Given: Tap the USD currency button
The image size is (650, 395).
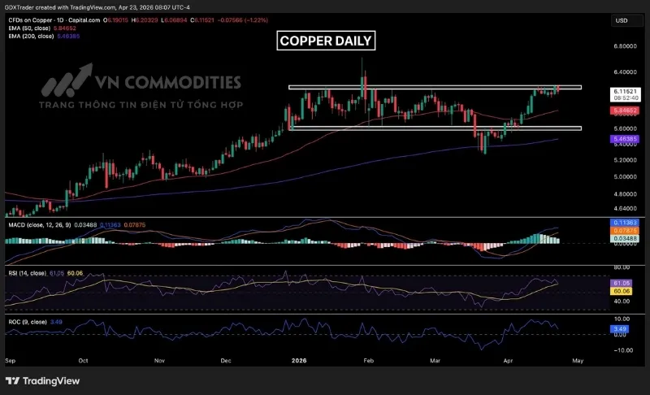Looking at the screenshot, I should coord(622,20).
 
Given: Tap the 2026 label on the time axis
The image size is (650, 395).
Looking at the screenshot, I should coord(300,358).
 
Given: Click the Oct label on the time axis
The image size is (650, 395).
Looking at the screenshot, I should coord(84,358).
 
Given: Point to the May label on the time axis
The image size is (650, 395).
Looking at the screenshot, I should coord(578,358).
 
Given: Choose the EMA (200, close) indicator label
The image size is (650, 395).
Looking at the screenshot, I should coord(26,37).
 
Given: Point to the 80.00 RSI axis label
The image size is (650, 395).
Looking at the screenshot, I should coord(622,267).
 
